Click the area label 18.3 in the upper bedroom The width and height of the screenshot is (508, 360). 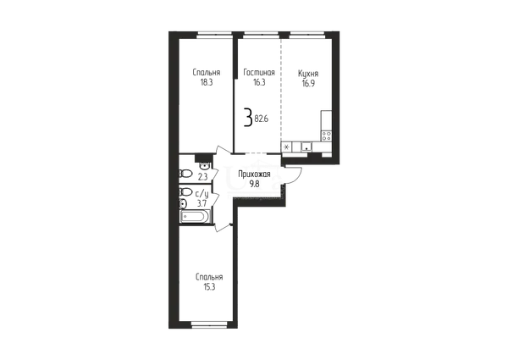coord(207,82)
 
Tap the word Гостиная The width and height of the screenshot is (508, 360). coord(259,72)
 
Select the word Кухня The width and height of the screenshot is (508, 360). coord(308,74)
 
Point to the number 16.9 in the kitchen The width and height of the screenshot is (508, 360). coord(308,84)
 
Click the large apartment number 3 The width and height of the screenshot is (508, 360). coord(248,118)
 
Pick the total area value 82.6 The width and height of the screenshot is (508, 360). coord(262,119)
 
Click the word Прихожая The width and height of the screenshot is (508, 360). coord(254,174)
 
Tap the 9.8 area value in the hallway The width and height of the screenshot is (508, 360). coord(254,185)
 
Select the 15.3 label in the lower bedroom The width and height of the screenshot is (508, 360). coord(209,287)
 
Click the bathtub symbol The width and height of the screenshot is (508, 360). coord(196,217)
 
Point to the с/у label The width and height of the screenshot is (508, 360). coord(202,194)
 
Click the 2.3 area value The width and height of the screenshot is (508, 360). coord(202,177)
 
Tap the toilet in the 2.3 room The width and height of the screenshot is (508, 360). coord(185,174)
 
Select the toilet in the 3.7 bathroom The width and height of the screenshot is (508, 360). coord(185,192)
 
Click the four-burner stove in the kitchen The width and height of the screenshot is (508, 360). coord(327,136)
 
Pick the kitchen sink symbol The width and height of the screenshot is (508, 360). coord(306,147)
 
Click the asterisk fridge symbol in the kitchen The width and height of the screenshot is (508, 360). coord(286,147)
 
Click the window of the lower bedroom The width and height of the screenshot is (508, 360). coord(209,324)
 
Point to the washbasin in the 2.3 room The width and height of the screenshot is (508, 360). coord(204,166)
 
